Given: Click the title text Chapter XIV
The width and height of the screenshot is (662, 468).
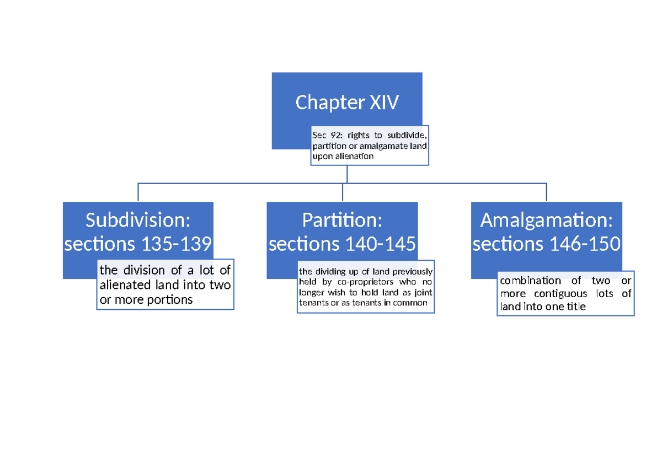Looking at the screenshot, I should [347, 103].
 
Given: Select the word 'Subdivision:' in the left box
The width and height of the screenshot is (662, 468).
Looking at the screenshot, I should [138, 220].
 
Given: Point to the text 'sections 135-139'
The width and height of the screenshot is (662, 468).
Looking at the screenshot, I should [138, 244].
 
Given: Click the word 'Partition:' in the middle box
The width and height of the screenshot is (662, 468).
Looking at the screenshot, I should [342, 220].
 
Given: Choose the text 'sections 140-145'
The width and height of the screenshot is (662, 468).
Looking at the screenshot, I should [342, 244].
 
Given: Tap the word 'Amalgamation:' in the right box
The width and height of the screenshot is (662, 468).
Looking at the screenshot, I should [547, 220].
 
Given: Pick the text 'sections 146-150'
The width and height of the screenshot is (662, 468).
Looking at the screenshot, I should [547, 244].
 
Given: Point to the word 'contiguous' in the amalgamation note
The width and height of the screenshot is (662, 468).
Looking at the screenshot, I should [561, 294].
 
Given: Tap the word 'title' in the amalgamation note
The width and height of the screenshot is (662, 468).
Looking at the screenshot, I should [576, 307].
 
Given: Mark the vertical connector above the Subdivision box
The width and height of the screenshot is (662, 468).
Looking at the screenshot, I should [138, 192].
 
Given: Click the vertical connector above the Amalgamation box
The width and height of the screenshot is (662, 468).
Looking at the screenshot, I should [546, 192].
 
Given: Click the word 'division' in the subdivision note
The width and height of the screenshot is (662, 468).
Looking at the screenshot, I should [144, 270].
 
